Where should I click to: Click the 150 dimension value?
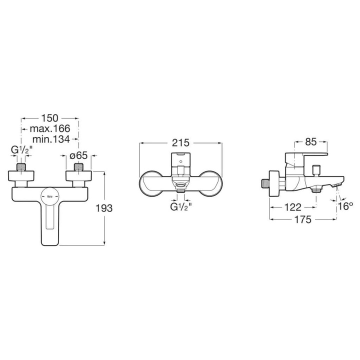click(x=50, y=118)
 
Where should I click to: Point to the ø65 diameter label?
click(x=79, y=155)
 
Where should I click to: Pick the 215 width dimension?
click(x=180, y=141)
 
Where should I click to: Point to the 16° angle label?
click(x=345, y=206)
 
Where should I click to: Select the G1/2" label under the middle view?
click(x=180, y=206)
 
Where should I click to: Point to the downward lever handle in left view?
click(x=50, y=222)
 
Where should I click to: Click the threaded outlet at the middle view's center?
click(x=180, y=189)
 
